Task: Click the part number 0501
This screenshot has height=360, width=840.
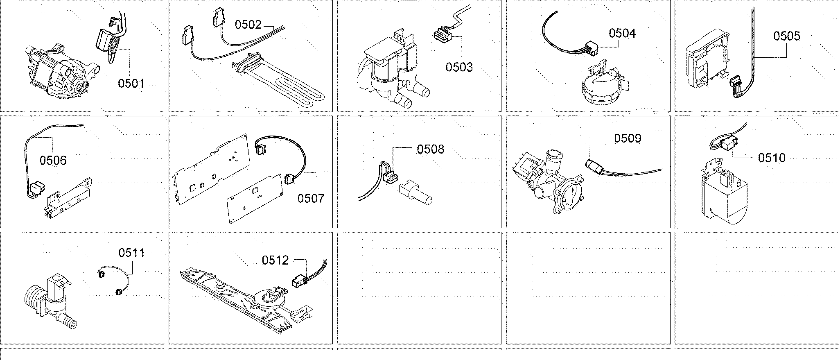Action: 131,84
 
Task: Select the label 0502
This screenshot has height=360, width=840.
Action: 248,25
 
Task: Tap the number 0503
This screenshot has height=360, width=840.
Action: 459,67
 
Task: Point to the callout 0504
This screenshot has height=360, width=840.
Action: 622,33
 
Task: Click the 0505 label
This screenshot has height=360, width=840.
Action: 786,36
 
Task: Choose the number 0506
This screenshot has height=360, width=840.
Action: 53,160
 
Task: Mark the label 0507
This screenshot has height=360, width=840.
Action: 311,198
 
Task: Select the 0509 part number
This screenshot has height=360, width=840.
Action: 627,138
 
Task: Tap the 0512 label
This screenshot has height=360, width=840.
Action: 275,260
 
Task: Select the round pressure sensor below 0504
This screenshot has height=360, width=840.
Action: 604,88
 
